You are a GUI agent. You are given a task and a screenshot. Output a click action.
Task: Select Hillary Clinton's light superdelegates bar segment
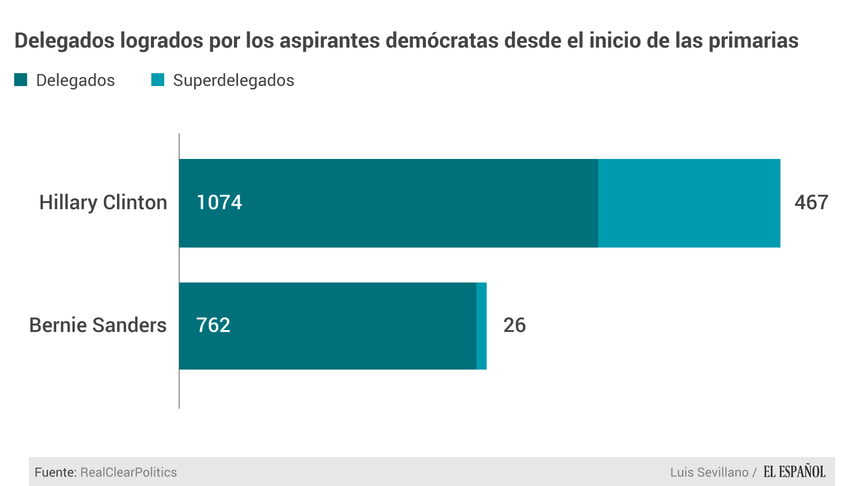point(689,203)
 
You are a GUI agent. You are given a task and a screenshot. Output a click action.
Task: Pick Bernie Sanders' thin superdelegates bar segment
point(482,326)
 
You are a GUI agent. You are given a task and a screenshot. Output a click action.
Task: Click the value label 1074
point(219,202)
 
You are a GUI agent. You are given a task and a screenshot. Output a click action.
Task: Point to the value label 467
point(811,202)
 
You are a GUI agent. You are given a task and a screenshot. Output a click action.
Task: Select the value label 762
point(213,325)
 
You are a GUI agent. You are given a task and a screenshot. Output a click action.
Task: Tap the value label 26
point(514,325)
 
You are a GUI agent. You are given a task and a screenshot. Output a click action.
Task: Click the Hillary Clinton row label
point(103,202)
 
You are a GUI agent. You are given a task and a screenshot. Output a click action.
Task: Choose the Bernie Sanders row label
point(98,325)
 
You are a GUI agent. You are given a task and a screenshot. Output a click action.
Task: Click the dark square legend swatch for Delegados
point(21,80)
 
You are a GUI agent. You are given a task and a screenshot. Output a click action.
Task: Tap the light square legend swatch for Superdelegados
point(158,80)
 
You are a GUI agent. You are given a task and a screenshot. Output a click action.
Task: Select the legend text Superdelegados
point(233,80)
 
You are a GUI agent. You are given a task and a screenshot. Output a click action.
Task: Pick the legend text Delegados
point(75,80)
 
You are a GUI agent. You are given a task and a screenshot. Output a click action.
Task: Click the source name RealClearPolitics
point(129,472)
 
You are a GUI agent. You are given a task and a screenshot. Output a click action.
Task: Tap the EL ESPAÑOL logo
point(794,472)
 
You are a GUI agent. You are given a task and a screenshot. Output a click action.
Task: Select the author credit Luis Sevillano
point(709,472)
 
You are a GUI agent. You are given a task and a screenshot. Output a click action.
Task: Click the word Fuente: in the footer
point(56,472)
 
